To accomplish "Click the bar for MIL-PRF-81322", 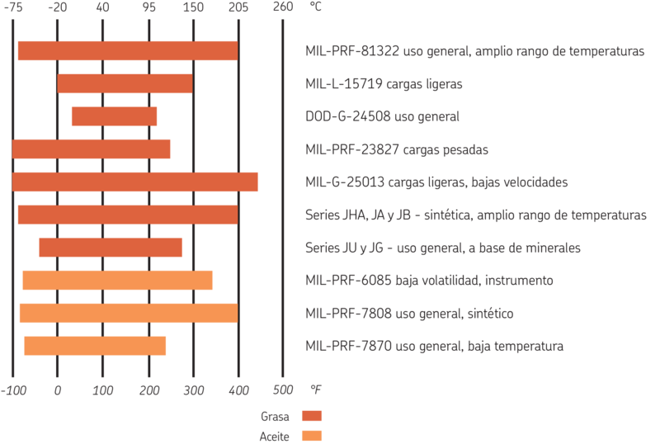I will click(x=127, y=51).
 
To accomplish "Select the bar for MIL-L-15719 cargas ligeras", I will click(x=125, y=84).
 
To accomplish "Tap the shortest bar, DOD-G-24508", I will click(x=114, y=116).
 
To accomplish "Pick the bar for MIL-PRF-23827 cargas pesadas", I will click(x=92, y=149).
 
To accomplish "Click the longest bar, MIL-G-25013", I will click(x=136, y=182).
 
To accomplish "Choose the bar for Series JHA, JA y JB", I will click(x=127, y=215).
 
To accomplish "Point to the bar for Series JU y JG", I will click(x=111, y=248).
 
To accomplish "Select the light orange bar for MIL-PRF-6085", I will click(x=118, y=281).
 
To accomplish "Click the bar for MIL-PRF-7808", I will click(x=128, y=314).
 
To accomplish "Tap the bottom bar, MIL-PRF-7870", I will click(x=95, y=346).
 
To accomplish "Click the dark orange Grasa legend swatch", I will click(x=312, y=416).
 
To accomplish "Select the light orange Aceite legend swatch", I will click(x=312, y=435).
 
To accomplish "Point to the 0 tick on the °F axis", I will click(x=58, y=388).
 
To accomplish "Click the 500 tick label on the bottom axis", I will click(x=283, y=388).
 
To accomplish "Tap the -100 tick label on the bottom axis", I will click(x=12, y=388).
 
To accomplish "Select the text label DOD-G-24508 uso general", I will click(x=381, y=116).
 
